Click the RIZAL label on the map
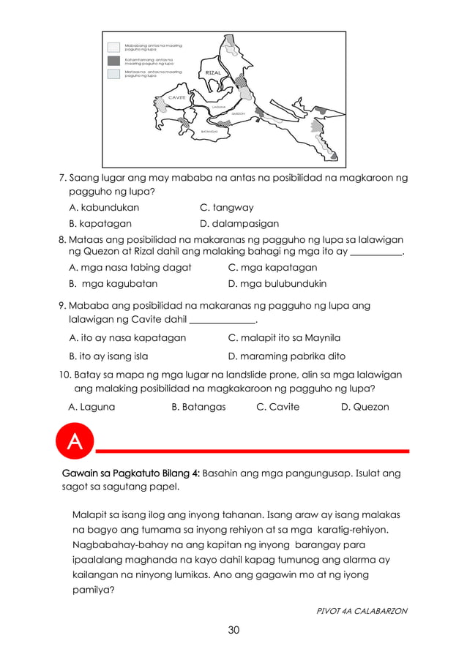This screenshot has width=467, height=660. click(213, 73)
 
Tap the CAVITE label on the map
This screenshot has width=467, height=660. click(176, 97)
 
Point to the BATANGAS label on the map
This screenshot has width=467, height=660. click(209, 132)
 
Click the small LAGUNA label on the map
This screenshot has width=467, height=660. click(217, 107)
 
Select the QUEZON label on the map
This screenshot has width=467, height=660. click(238, 113)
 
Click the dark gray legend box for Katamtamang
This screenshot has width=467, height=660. click(113, 61)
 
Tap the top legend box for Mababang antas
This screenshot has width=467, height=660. click(113, 48)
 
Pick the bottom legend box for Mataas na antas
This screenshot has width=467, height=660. click(113, 74)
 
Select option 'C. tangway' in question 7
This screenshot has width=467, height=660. click(227, 208)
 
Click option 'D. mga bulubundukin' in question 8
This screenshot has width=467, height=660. click(277, 284)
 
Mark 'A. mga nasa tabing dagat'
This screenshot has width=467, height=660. click(130, 268)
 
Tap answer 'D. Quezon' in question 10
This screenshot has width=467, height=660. click(365, 407)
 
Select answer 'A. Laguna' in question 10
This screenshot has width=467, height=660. click(91, 407)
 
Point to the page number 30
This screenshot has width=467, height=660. click(233, 629)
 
